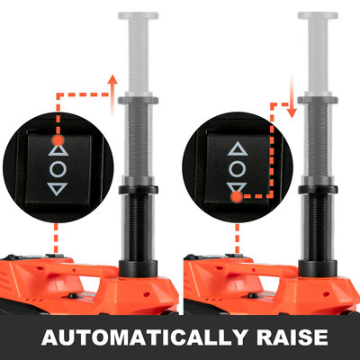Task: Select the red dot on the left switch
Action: pos(58,139)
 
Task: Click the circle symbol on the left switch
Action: pos(58,168)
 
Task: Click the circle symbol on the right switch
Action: pos(237,168)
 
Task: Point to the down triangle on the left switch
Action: pos(58,190)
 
